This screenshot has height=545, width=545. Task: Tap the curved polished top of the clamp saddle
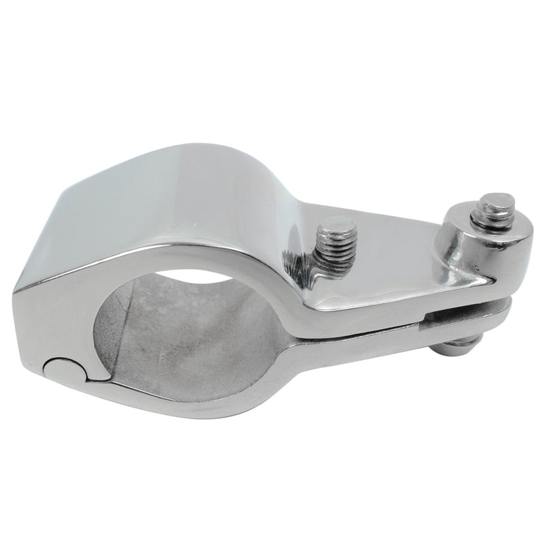(x=204, y=191)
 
